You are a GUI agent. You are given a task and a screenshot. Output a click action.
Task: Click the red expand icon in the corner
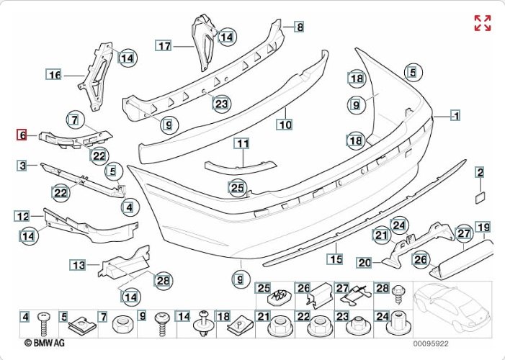pyautogui.click(x=482, y=23)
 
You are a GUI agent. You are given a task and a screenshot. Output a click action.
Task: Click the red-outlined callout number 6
pyautogui.click(x=23, y=135)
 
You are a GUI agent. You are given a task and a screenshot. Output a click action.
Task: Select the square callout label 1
pyautogui.click(x=455, y=114)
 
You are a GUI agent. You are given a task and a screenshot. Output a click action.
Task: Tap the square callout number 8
pyautogui.click(x=299, y=27)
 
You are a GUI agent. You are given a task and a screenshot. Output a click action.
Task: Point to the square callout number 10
pyautogui.click(x=285, y=125)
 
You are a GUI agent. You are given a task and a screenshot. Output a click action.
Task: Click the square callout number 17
pyautogui.click(x=164, y=45)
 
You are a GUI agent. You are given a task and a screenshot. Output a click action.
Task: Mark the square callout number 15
pyautogui.click(x=334, y=258)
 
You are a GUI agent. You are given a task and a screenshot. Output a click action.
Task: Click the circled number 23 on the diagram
pyautogui.click(x=220, y=103)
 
